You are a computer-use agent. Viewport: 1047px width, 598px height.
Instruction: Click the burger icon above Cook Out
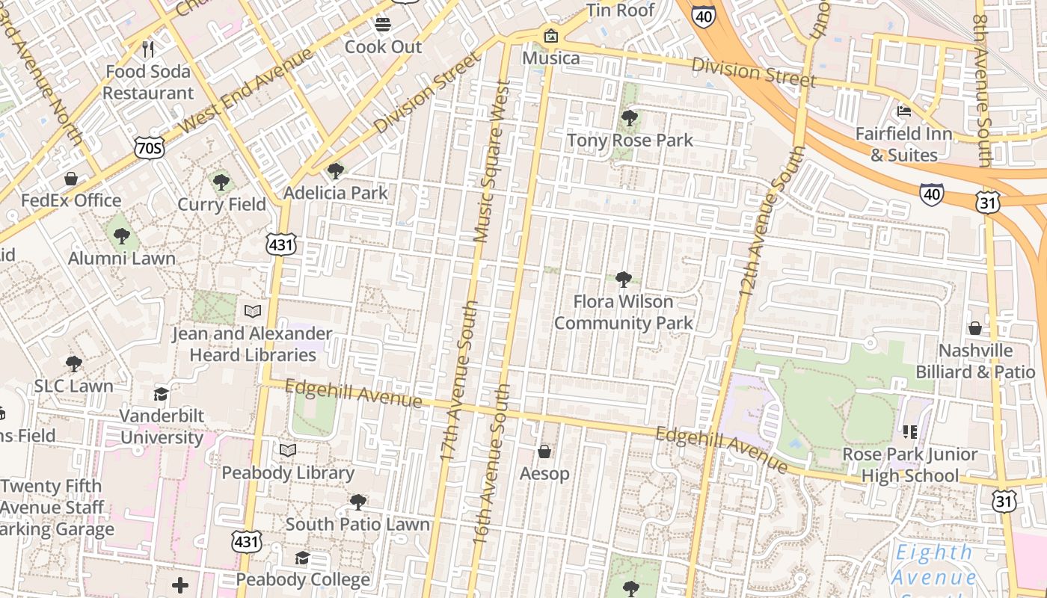383,25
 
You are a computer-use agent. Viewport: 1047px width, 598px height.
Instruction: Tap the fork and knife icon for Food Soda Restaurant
148,49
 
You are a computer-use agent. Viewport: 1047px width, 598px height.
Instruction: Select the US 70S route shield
149,147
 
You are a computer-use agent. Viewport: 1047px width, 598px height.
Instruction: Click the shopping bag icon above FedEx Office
71,179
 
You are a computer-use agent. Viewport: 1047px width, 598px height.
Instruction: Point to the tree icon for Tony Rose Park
630,117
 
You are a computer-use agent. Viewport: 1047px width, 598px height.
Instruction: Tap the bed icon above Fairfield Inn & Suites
904,111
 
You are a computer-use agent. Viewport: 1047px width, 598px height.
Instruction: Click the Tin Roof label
620,10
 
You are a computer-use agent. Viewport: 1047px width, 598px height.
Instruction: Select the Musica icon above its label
551,36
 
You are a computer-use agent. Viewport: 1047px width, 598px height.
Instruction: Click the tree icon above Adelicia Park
336,171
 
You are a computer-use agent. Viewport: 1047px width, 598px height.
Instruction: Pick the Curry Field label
221,204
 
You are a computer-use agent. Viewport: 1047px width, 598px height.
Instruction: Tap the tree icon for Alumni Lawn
121,236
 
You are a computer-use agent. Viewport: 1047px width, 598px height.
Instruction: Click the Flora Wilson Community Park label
623,312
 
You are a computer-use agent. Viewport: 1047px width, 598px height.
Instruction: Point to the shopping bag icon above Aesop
544,451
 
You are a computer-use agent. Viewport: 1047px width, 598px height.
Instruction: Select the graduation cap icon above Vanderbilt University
161,394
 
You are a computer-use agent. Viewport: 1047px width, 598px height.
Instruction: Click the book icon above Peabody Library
288,450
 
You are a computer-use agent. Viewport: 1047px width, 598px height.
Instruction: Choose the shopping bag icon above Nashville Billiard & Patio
975,328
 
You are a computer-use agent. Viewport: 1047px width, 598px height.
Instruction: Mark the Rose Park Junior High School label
909,465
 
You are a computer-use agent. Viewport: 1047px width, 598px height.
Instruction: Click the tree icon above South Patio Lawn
358,502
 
